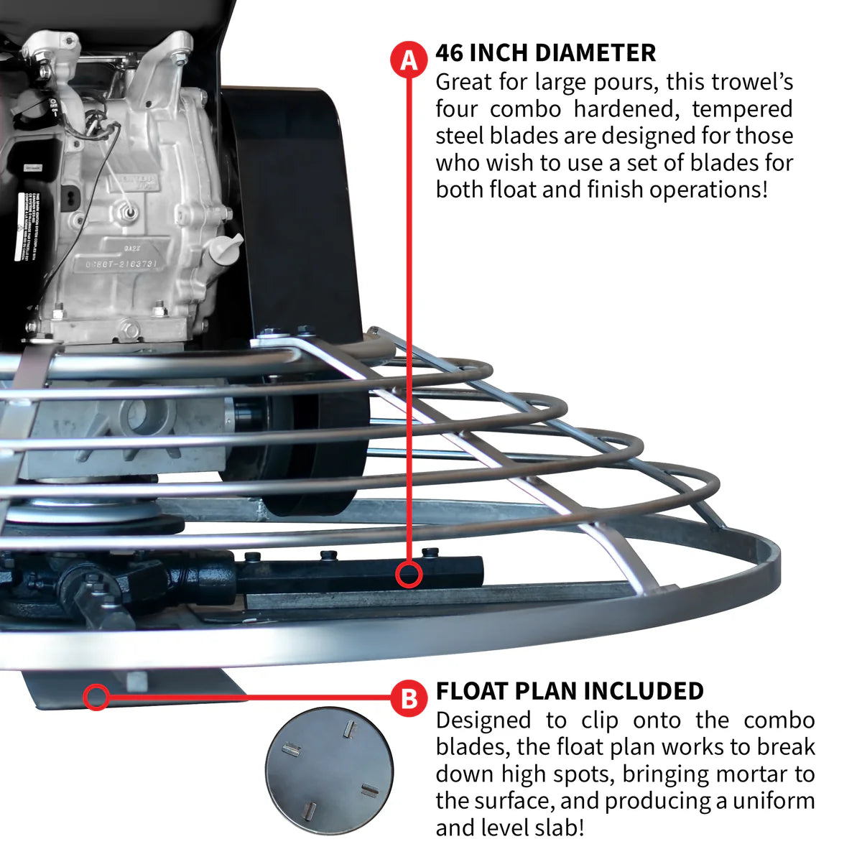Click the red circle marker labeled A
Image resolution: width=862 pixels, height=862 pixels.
(x=409, y=59)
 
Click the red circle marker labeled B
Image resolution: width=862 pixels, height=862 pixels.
(x=409, y=698)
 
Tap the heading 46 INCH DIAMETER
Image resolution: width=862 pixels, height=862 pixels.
(x=545, y=53)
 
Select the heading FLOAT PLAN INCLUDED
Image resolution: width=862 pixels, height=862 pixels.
(x=570, y=691)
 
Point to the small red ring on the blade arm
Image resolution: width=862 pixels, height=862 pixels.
(x=409, y=575)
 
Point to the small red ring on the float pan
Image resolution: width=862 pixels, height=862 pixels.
(x=96, y=696)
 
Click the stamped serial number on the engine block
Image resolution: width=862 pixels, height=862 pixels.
(x=122, y=264)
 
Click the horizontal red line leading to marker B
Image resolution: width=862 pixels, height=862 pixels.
(x=251, y=697)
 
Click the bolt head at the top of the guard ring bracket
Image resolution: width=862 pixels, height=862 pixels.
(x=270, y=333)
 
